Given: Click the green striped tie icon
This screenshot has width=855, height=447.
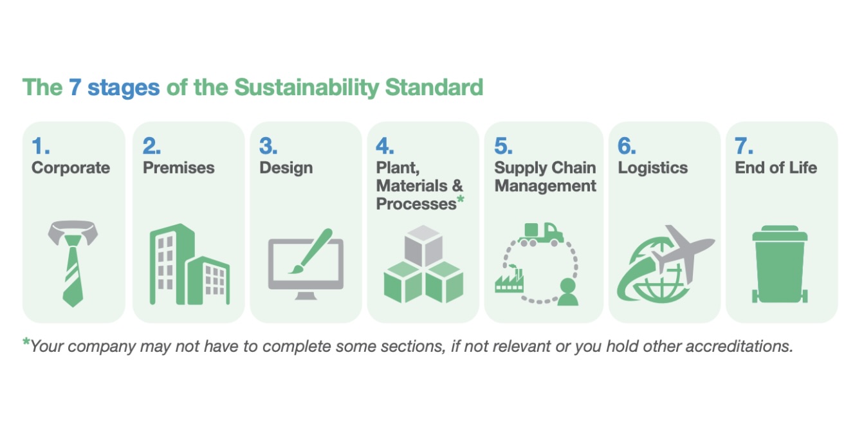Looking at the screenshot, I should [x=72, y=270].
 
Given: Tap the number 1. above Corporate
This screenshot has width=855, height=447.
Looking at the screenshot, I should [x=41, y=147].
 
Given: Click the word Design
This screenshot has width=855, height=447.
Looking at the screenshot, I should [x=286, y=168].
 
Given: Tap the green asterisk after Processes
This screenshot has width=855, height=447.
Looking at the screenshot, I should [x=461, y=201].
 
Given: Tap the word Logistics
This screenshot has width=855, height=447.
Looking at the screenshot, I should [x=652, y=168].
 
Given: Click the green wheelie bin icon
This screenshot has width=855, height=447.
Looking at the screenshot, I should [x=780, y=264].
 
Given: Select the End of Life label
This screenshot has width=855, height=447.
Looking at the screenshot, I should [x=775, y=168].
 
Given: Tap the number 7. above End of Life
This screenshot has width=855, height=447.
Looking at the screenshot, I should [x=744, y=147].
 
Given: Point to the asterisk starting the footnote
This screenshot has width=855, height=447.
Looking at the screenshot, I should [x=26, y=343].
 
